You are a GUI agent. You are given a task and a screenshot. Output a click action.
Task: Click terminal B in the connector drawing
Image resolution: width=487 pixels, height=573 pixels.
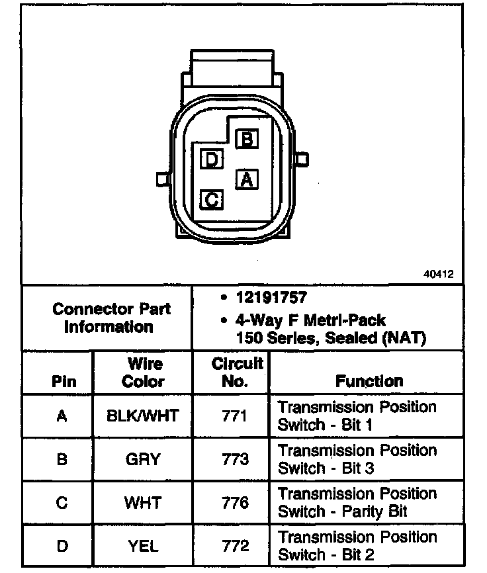[x=247, y=138]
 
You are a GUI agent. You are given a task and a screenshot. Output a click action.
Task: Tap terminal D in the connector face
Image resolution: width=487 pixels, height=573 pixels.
[x=212, y=159]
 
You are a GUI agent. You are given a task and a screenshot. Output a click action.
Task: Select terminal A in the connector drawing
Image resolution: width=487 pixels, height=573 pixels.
[x=247, y=179]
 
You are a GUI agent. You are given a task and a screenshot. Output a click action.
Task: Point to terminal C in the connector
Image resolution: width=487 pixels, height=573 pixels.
[x=212, y=198]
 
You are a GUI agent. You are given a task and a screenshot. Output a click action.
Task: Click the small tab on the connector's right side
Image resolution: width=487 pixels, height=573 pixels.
[x=302, y=159]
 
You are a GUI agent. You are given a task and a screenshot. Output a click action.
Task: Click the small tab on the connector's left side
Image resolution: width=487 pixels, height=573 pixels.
[x=162, y=179]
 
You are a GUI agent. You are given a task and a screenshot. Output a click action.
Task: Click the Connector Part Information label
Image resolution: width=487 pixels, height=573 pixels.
[x=111, y=318]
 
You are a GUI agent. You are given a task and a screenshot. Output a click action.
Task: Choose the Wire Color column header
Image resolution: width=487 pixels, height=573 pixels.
[x=143, y=373]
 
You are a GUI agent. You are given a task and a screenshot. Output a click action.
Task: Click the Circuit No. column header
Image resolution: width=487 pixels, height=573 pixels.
[x=238, y=373]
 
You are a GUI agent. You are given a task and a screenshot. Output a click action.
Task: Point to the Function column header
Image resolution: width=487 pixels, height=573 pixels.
[x=369, y=381]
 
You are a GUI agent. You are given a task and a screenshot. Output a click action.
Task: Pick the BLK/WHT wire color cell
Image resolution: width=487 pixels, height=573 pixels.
[x=143, y=416]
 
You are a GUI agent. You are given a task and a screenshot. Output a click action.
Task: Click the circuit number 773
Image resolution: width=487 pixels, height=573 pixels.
[x=236, y=459]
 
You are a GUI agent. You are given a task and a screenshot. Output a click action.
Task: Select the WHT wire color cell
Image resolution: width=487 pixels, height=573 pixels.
[x=143, y=503]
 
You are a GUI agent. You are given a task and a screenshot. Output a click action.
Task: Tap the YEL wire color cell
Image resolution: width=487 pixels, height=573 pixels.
[x=143, y=546]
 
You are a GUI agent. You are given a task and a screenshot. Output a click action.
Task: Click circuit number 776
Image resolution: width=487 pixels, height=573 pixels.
[x=236, y=503]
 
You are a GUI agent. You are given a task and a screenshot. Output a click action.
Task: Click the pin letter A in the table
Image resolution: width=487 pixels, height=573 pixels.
[x=62, y=416]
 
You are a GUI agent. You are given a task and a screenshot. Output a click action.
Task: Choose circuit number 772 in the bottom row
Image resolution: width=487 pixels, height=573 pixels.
[x=236, y=546]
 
